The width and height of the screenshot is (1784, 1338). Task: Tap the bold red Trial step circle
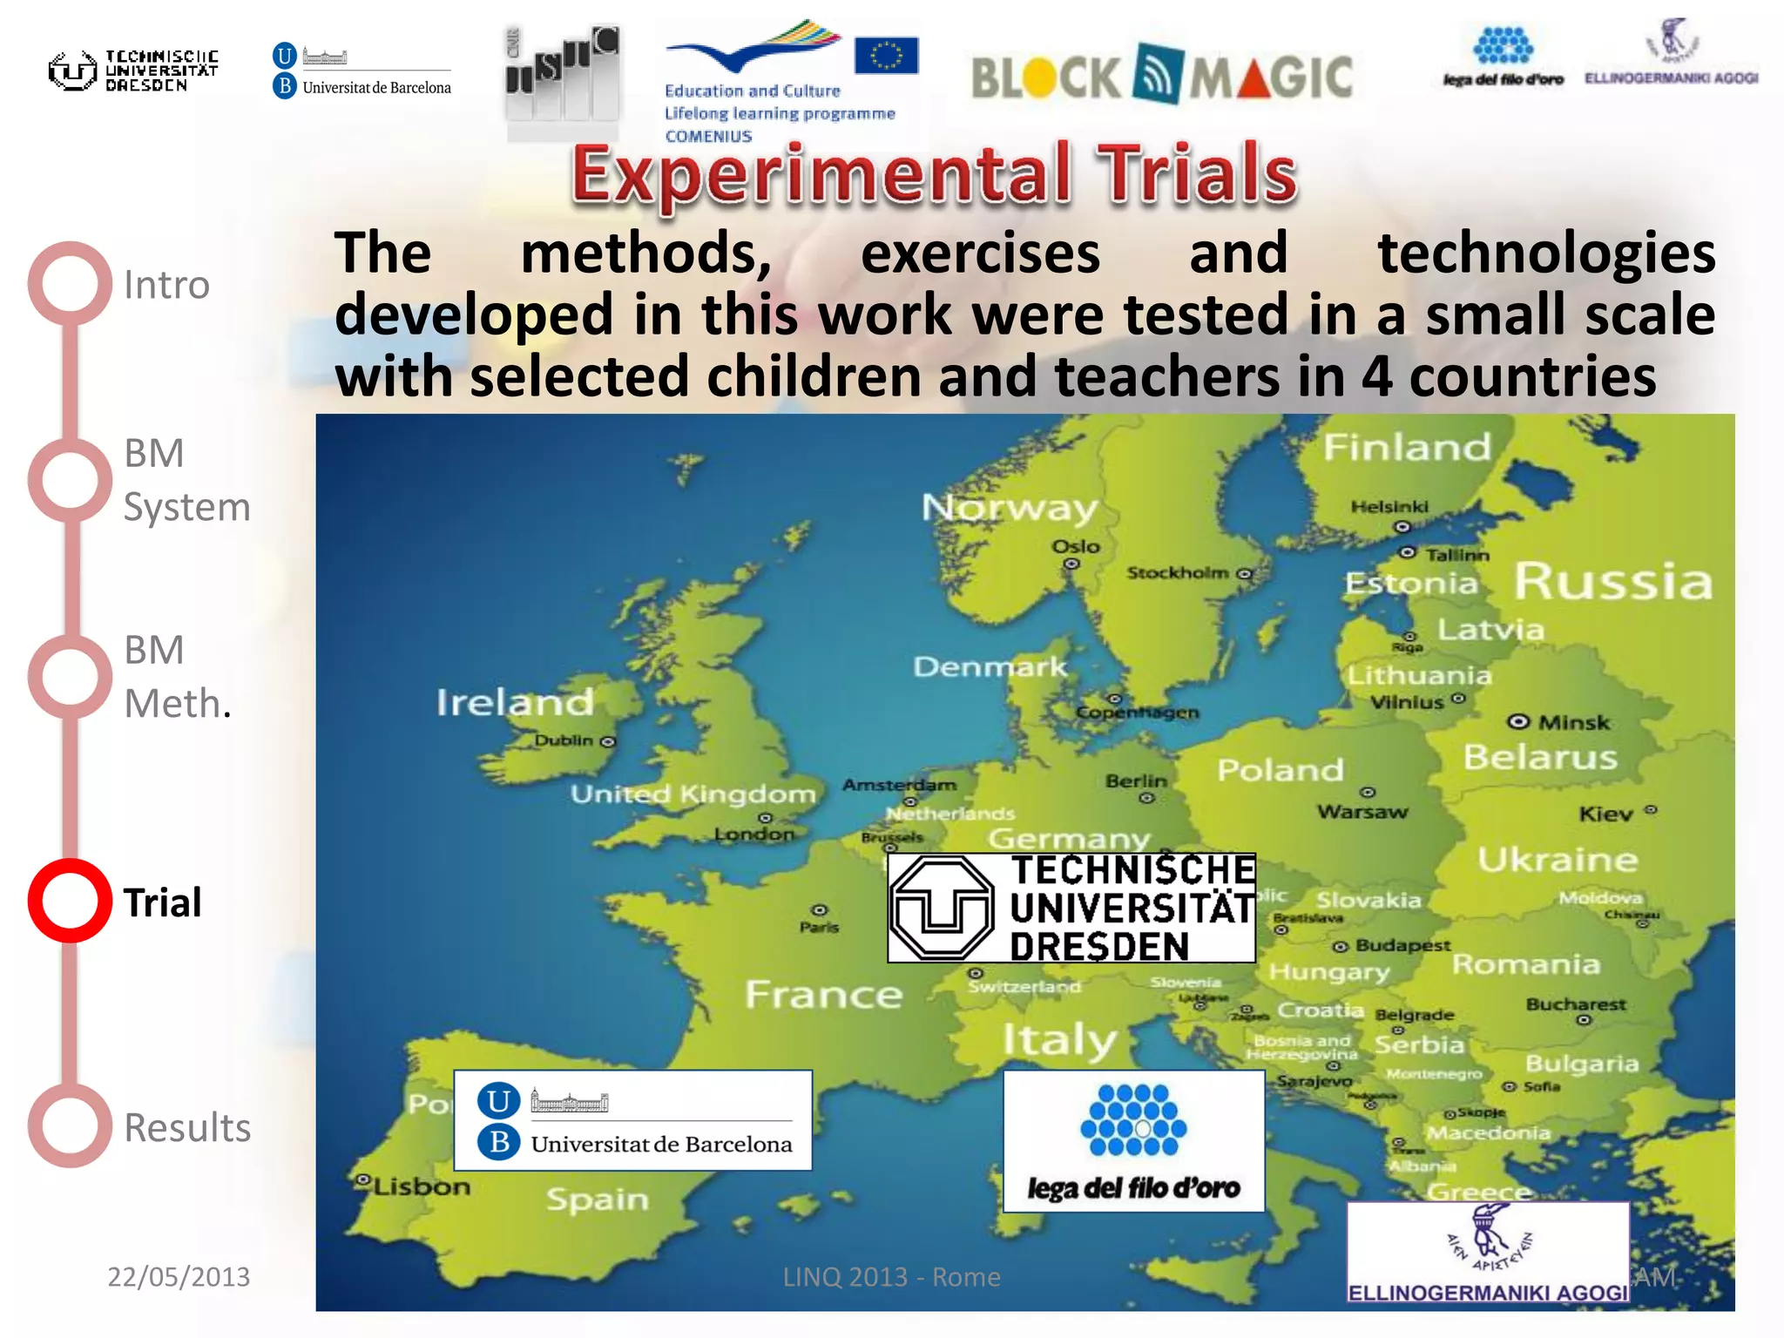coord(70,901)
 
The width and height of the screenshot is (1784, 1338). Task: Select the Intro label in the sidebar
coord(166,285)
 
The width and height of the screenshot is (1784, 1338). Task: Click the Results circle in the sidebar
coord(70,1125)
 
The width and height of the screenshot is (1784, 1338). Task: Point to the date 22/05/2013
coord(179,1276)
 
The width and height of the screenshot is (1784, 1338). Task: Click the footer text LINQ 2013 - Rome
coord(891,1276)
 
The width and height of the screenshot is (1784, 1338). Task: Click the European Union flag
coord(886,56)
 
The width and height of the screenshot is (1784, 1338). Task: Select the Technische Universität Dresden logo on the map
coord(1071,908)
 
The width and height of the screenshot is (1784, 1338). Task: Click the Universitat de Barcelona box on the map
coord(633,1120)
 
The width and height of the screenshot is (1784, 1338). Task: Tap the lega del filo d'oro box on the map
coord(1133,1141)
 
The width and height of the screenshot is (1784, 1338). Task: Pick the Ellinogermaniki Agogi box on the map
coord(1488,1254)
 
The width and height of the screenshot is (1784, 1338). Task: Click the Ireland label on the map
coord(515,702)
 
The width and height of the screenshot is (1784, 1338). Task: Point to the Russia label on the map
coord(1613,581)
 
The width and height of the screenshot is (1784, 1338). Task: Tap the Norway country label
coord(1010,507)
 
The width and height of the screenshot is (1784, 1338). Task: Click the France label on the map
coord(823,994)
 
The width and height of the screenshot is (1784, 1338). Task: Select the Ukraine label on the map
coord(1558,860)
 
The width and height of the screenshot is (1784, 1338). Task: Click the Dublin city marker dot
coord(608,742)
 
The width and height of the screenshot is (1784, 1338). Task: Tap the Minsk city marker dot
coord(1518,721)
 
